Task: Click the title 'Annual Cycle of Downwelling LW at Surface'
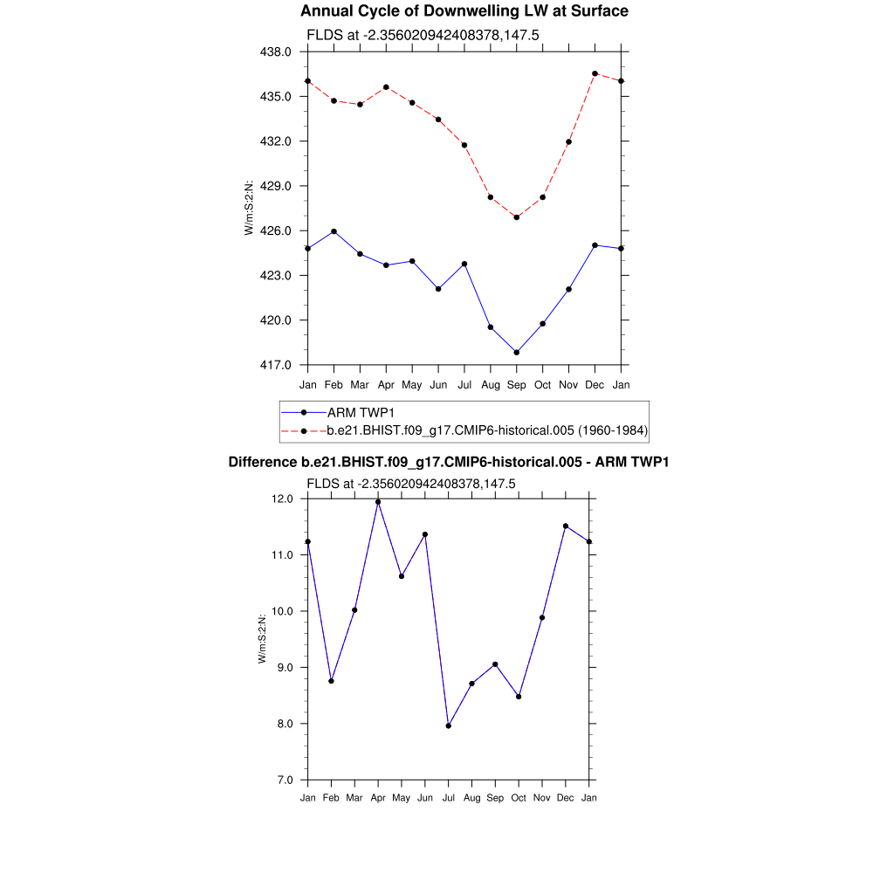click(x=464, y=11)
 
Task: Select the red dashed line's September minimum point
click(x=517, y=217)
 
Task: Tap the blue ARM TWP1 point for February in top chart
click(x=334, y=231)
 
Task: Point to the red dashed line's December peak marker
click(x=595, y=73)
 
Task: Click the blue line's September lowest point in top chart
click(x=517, y=353)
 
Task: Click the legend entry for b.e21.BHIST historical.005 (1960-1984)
click(x=486, y=430)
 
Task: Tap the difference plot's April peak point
click(x=378, y=502)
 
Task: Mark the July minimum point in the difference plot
click(x=449, y=726)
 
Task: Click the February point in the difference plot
click(x=331, y=681)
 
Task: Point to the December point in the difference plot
click(x=566, y=526)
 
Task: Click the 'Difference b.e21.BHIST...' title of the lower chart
click(x=448, y=462)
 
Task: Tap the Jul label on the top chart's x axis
click(x=464, y=384)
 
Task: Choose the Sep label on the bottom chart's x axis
click(x=495, y=798)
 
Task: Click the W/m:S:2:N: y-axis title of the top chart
click(x=250, y=208)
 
